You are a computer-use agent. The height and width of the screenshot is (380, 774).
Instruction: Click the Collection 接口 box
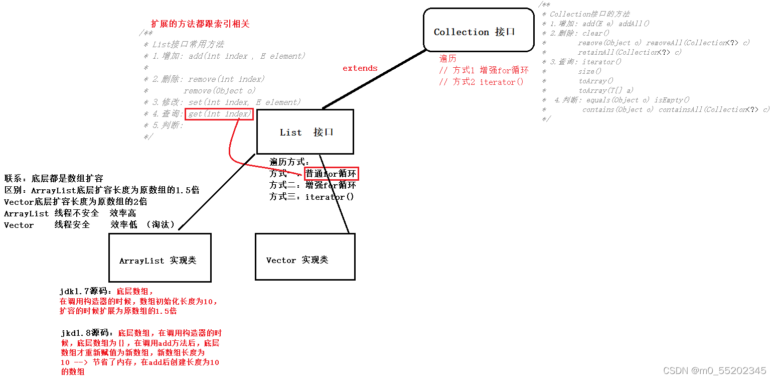(x=478, y=30)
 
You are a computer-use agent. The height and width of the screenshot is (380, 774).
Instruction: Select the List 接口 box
(x=305, y=132)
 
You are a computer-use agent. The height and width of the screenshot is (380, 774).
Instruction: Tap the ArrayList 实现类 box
(x=160, y=258)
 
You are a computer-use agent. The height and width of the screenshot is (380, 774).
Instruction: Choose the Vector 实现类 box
(x=304, y=257)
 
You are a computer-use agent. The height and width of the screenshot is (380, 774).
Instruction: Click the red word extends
(x=360, y=68)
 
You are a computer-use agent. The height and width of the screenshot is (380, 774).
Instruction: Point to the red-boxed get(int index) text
(x=219, y=114)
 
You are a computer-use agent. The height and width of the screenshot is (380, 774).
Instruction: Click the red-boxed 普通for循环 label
(x=332, y=174)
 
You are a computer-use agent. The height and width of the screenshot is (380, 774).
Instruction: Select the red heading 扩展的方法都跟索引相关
(x=200, y=24)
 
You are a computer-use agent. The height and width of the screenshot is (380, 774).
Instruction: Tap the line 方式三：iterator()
(x=312, y=197)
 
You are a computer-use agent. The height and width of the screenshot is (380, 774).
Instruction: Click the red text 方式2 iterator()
(x=481, y=82)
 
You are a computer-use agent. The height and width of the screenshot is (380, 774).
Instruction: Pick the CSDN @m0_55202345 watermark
(x=714, y=370)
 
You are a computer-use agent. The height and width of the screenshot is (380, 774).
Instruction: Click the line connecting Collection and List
(x=374, y=79)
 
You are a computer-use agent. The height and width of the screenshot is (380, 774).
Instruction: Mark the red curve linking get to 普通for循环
(x=231, y=146)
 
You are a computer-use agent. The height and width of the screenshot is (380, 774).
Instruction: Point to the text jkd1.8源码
(x=86, y=333)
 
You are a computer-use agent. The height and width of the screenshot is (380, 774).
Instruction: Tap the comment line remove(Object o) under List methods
(x=219, y=91)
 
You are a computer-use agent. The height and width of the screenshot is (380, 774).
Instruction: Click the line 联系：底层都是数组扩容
(x=54, y=178)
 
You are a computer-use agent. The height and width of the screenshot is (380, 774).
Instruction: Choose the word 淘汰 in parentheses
(x=161, y=224)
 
